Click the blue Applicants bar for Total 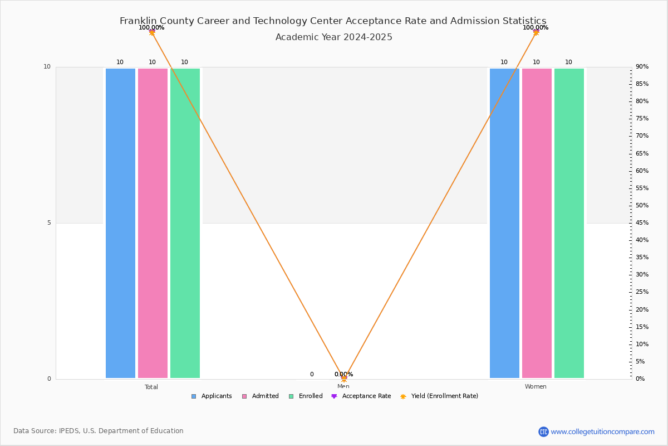pos(120,223)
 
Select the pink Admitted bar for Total pos(153,223)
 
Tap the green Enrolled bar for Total pos(185,223)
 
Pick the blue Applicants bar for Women pos(504,223)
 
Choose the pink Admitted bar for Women pos(537,223)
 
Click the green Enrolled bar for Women pos(569,223)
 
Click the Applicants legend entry pos(212,396)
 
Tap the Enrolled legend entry pos(306,396)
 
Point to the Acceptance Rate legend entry pos(361,396)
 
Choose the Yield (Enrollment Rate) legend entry pos(439,396)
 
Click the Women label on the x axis pos(536,387)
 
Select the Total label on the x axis pos(151,387)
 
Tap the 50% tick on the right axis pos(642,206)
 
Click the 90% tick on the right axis pos(642,67)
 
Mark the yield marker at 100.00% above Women pos(536,32)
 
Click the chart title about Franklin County pos(333,21)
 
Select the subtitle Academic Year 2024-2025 pos(333,37)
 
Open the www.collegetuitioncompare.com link pos(602,432)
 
